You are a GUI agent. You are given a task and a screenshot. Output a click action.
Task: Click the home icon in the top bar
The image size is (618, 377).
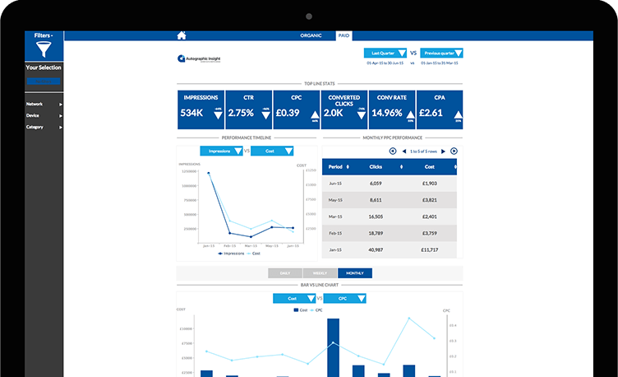coord(182,35)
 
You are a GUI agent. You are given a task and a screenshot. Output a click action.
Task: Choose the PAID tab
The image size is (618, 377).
coord(344,36)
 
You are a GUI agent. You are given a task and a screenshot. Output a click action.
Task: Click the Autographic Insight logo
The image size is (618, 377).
coord(198,59)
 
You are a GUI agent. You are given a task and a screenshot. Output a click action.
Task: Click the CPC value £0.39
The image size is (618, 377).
coord(288,113)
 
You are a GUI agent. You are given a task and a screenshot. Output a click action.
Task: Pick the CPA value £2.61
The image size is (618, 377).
coord(431,113)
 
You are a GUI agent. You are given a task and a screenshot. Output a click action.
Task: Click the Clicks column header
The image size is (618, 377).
coord(376,167)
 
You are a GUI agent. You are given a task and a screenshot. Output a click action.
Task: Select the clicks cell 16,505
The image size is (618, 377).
coord(376,216)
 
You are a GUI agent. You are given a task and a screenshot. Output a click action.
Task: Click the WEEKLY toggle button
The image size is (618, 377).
coord(320,273)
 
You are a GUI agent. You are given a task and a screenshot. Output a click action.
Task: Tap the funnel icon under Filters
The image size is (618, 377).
coord(43,50)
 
